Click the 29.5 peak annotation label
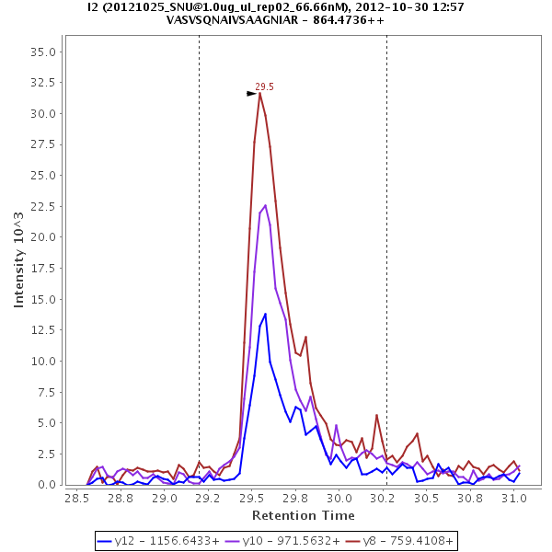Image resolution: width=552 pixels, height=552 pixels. click(265, 87)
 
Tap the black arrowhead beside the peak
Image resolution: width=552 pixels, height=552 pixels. click(251, 93)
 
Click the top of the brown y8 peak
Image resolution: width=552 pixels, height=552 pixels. click(260, 93)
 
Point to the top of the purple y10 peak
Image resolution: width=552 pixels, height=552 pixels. click(265, 205)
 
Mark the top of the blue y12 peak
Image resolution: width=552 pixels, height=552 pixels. click(266, 314)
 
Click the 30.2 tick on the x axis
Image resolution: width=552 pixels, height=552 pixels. click(384, 498)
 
